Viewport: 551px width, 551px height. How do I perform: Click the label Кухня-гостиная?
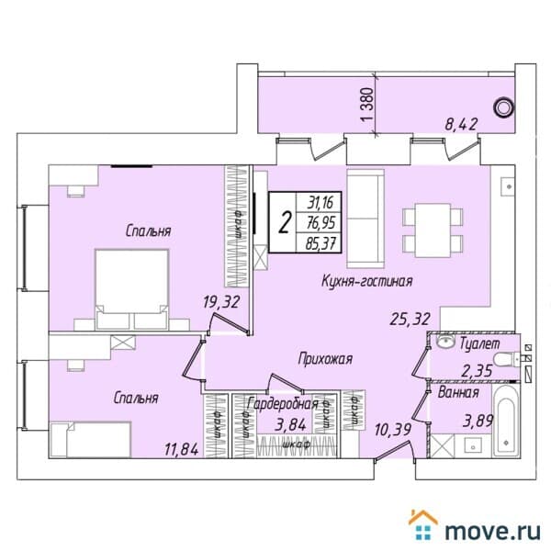[x=366, y=281]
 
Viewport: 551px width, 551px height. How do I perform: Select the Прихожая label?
[x=326, y=359]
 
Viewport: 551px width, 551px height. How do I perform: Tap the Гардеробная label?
[x=284, y=403]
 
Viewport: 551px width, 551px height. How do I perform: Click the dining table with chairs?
[x=427, y=226]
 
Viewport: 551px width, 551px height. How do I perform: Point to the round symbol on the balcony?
[x=502, y=107]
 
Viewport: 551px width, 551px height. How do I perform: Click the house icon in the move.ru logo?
[x=424, y=526]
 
